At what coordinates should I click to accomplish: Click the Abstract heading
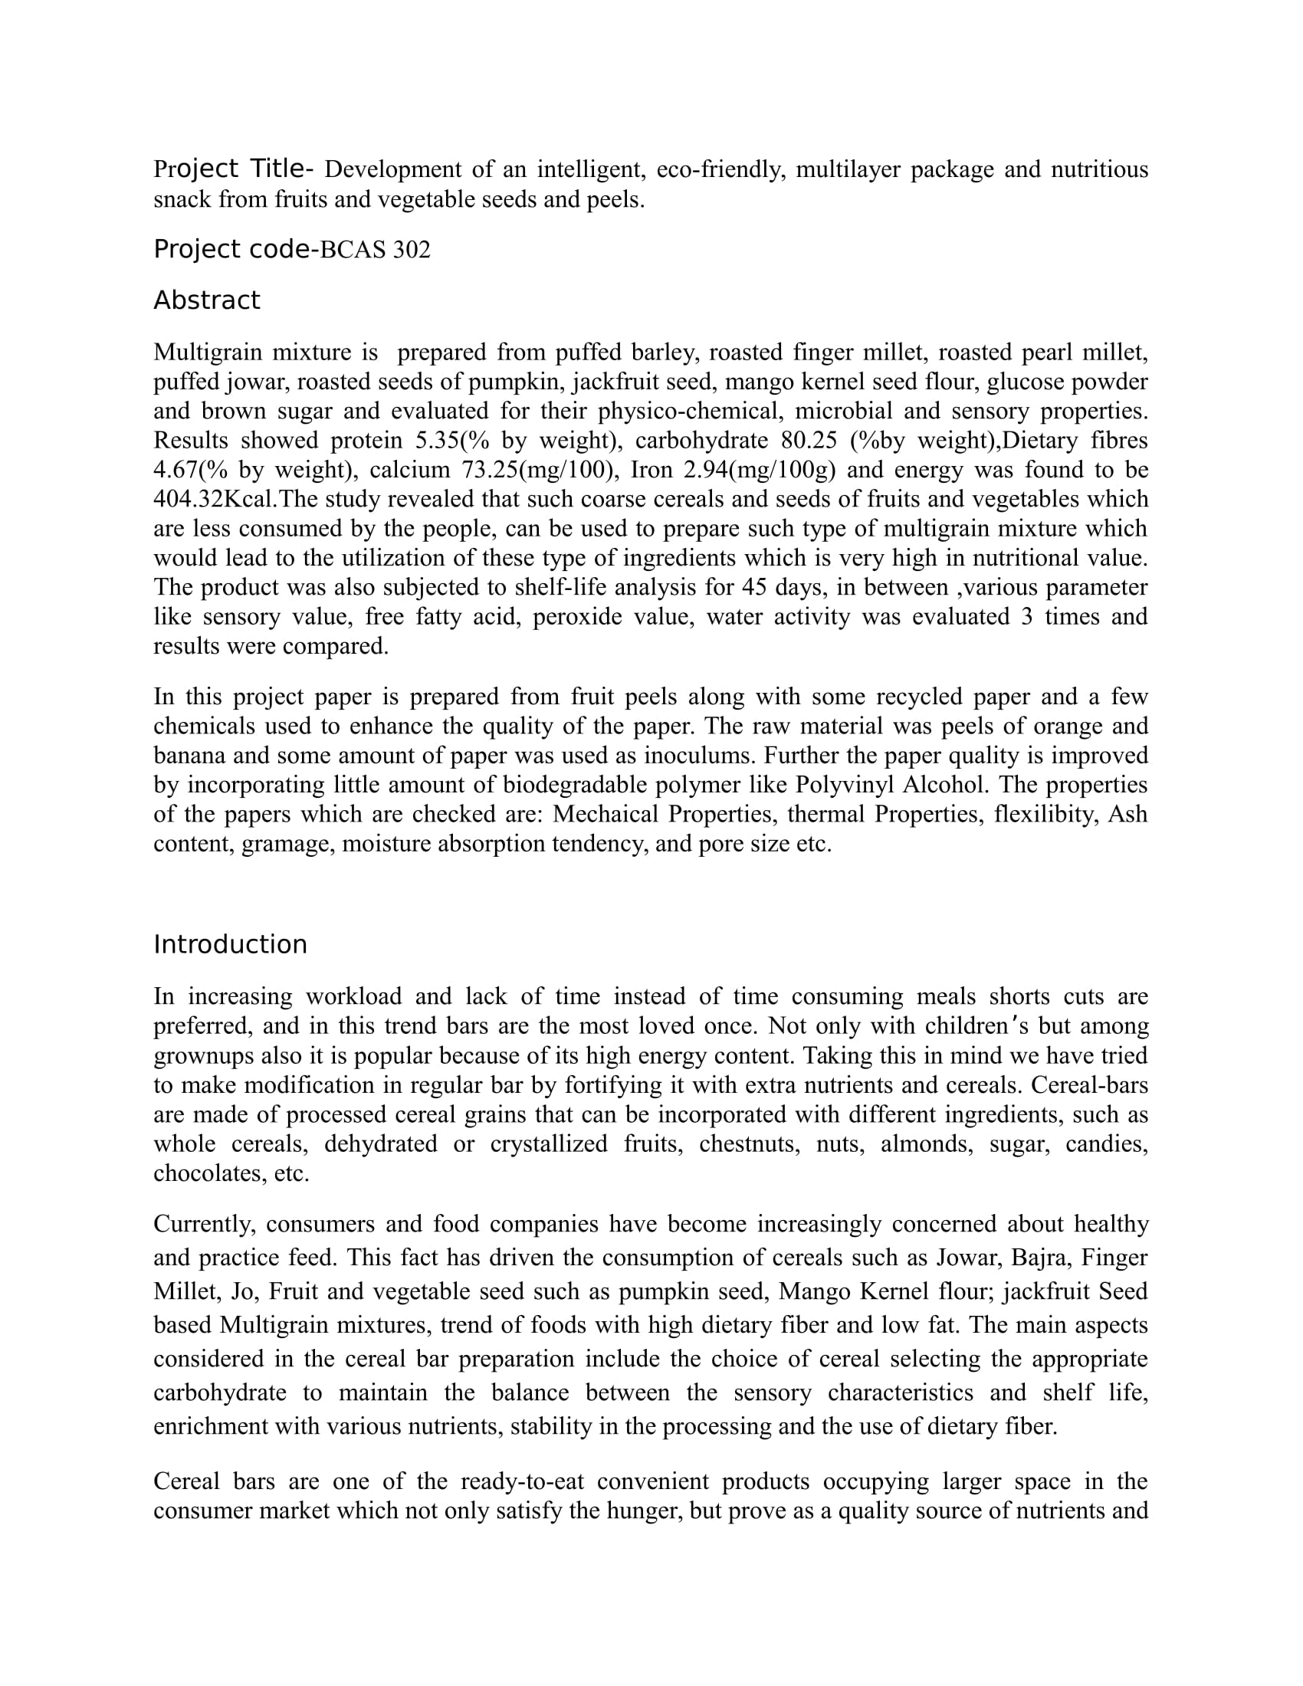pos(207,300)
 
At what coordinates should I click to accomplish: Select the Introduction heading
pos(230,945)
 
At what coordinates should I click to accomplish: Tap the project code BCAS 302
pos(374,250)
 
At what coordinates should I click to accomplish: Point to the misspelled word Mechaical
pos(607,815)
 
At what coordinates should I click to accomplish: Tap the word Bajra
pos(1039,1258)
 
